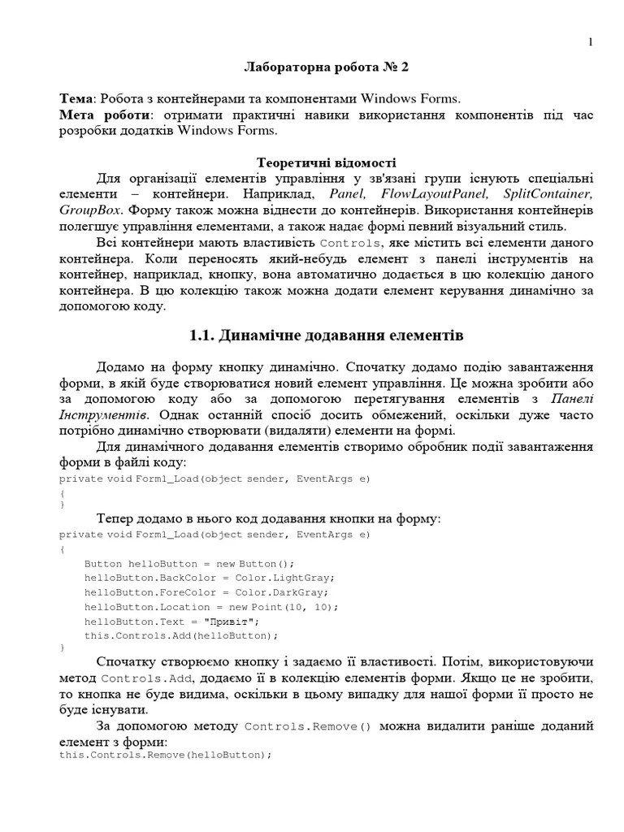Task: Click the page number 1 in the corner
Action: pyautogui.click(x=591, y=42)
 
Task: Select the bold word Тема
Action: pyautogui.click(x=76, y=99)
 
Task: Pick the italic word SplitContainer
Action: pyautogui.click(x=548, y=194)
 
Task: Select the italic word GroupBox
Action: pyautogui.click(x=89, y=210)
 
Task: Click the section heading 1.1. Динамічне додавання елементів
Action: pyautogui.click(x=326, y=335)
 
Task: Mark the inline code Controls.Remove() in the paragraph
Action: pyautogui.click(x=307, y=726)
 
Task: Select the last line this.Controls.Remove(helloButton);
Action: pyautogui.click(x=165, y=755)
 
